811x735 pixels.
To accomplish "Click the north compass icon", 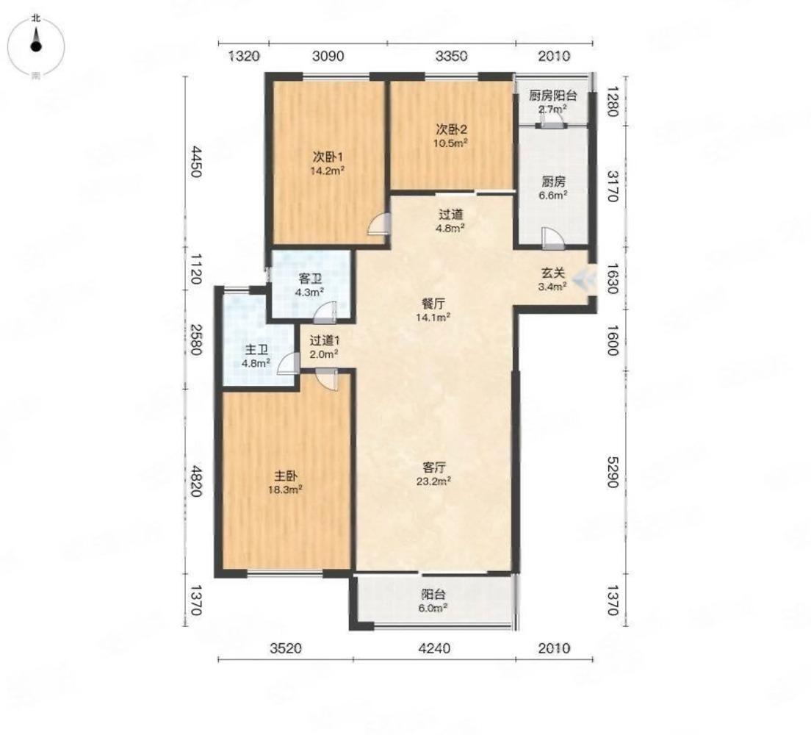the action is [36, 46].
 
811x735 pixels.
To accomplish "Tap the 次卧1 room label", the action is [328, 156].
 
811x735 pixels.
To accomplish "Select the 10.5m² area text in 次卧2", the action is [451, 143].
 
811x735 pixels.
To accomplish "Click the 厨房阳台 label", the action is [553, 96].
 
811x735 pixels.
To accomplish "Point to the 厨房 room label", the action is [553, 182].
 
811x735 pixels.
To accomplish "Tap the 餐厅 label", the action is [433, 304].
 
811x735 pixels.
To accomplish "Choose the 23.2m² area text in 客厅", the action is [434, 481].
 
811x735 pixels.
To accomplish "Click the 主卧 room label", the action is [286, 476].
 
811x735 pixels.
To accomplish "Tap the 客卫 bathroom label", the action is [310, 279].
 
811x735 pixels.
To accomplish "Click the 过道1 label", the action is [324, 340].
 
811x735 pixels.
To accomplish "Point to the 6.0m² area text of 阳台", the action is [433, 608].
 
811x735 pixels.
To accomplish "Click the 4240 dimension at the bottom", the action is [434, 648].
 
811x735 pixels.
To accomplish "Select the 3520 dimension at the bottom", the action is [286, 648].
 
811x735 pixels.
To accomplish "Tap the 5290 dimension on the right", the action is [612, 472].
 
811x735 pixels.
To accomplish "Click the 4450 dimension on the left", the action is [195, 162].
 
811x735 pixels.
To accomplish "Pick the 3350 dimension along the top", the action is [452, 55].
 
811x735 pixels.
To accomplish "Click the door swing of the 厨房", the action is [551, 237].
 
